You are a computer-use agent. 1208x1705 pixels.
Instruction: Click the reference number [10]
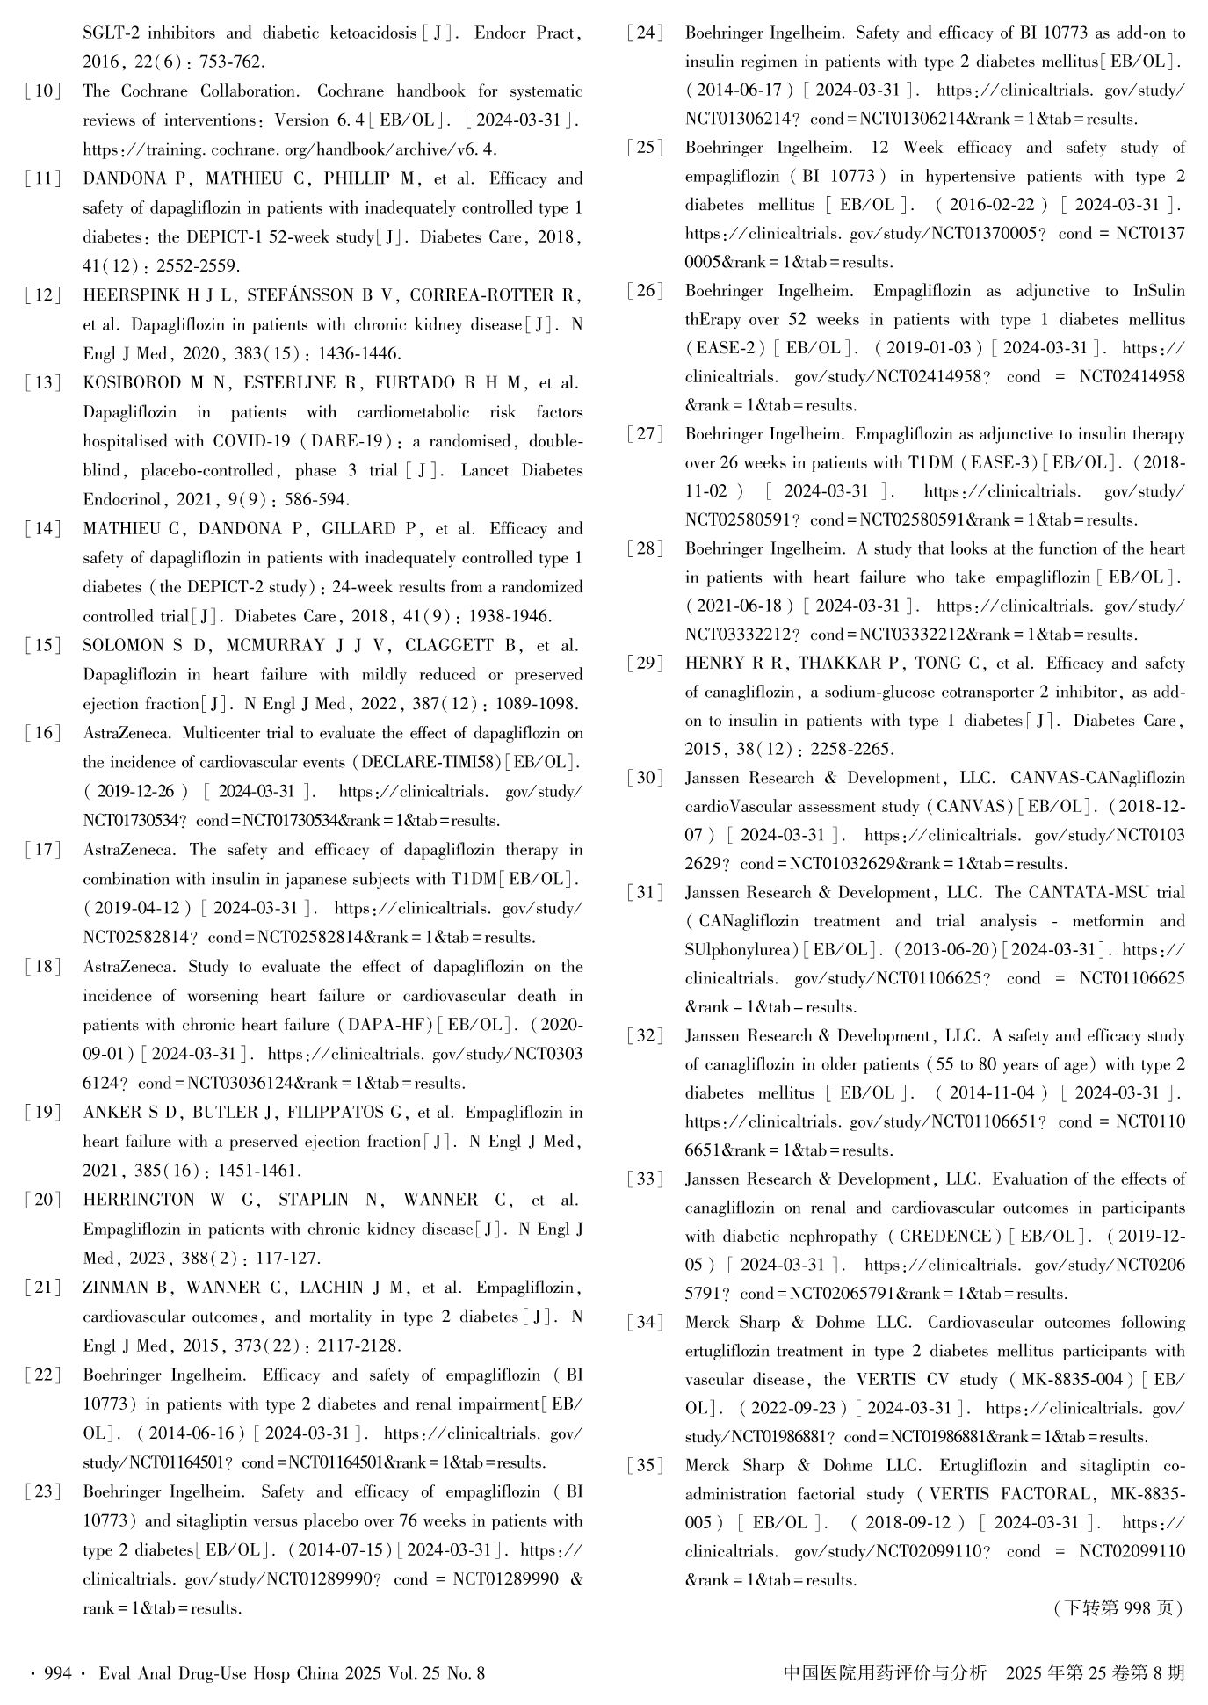(x=43, y=91)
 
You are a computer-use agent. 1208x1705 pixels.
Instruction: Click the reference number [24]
(x=645, y=34)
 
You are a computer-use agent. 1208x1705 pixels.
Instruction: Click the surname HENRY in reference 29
(x=715, y=664)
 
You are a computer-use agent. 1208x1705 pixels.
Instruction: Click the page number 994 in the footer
(x=57, y=1673)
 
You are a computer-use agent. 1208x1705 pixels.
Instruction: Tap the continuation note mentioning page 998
(x=1118, y=1608)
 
